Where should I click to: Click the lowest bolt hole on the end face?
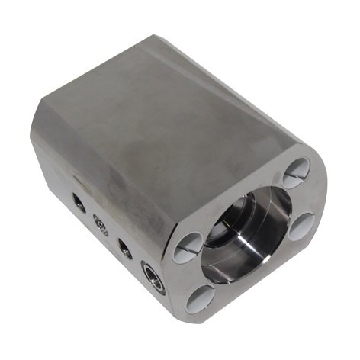[201, 299]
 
